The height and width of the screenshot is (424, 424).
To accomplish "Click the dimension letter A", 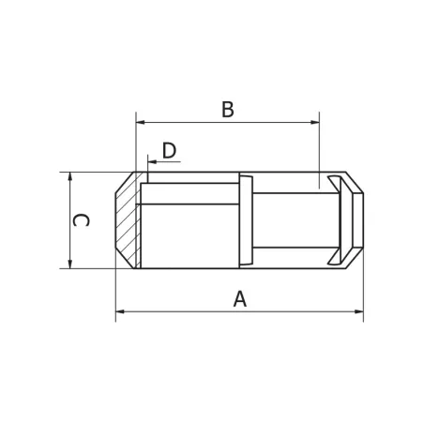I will coord(240,298).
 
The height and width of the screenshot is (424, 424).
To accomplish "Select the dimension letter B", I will coord(228,109).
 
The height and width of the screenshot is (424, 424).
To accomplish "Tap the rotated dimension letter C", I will coord(83,220).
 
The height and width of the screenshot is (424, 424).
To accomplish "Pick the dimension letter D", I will coord(169,150).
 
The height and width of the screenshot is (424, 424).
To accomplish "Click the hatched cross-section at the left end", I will coord(128,220).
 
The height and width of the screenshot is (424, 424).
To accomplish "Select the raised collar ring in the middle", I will coord(246,220).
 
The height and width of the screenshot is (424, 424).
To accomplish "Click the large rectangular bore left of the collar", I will coord(188,230).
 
